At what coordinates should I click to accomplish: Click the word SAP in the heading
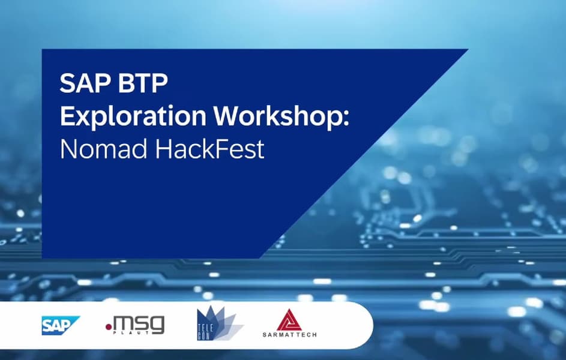tap(85, 83)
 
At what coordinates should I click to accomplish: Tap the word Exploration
tap(133, 116)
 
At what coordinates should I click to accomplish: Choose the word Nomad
tap(104, 149)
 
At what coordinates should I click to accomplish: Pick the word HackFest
tap(209, 149)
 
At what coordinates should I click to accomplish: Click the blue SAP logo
tap(60, 325)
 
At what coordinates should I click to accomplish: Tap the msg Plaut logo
tap(136, 325)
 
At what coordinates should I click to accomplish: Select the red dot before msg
tap(109, 327)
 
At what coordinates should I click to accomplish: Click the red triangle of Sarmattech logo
tap(289, 320)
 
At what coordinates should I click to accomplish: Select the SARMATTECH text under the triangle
tap(289, 335)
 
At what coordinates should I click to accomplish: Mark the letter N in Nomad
tap(68, 149)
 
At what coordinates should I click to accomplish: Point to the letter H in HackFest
tap(163, 149)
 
